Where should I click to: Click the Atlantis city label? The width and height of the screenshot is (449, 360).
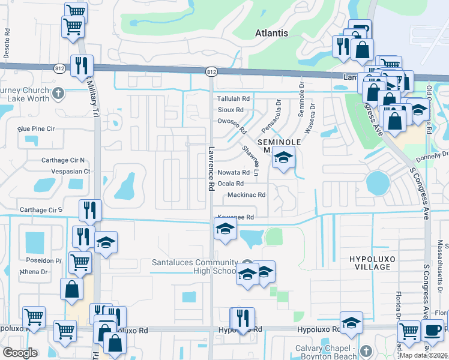[x=271, y=33]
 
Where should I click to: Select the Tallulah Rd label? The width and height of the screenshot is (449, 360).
[x=234, y=98]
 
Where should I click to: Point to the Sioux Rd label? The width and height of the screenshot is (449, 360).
[x=231, y=110]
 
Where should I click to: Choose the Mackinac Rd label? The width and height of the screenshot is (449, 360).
[x=246, y=195]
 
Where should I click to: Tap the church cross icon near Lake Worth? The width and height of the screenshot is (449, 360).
[x=58, y=94]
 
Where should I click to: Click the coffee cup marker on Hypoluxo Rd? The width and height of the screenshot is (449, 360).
[x=432, y=330]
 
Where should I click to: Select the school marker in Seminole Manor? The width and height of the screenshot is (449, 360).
[x=283, y=158]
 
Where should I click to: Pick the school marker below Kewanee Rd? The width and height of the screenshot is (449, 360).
[x=225, y=229]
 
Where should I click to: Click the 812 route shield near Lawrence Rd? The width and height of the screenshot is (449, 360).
[x=211, y=72]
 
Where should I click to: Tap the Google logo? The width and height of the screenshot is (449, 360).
[x=20, y=353]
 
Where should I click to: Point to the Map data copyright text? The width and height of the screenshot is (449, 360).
[x=423, y=355]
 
